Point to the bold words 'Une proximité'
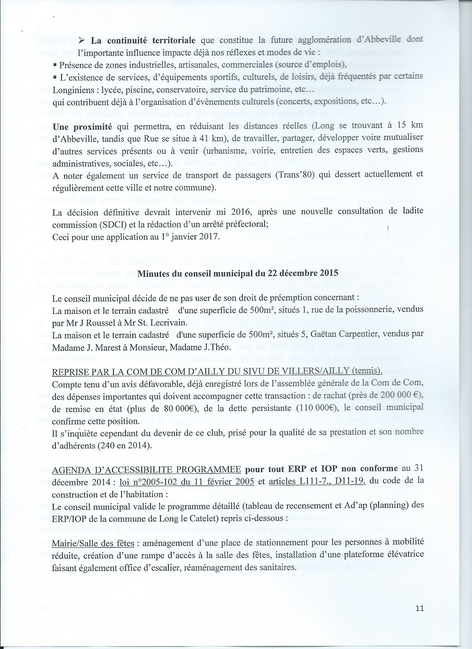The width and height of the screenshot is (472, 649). (x=82, y=127)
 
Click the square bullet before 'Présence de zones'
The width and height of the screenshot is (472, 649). (x=55, y=65)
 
